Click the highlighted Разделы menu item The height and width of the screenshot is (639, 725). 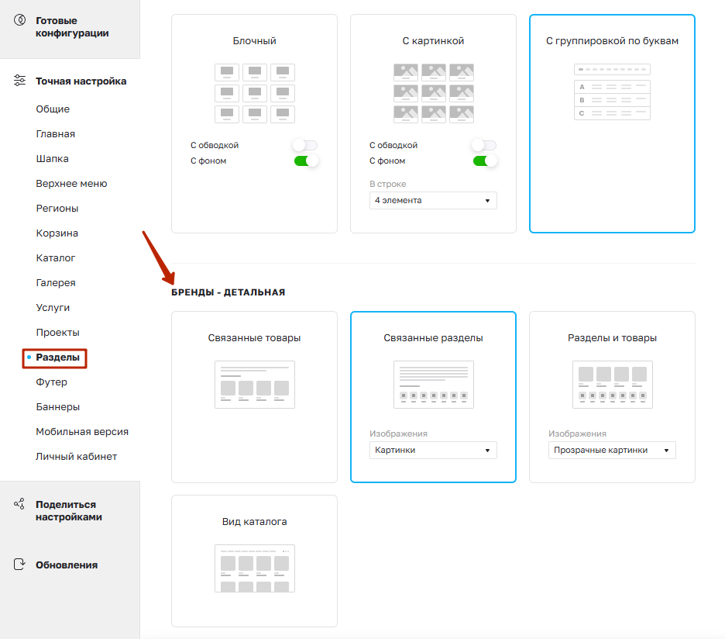coord(58,357)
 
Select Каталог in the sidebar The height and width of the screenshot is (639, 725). coord(56,258)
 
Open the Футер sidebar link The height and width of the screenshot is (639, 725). coord(51,382)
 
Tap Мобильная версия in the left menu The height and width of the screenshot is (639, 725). coord(82,431)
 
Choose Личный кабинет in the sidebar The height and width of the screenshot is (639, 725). coord(76,457)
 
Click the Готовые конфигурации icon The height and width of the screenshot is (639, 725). coord(20,20)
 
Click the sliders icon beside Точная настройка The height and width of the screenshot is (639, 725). coord(19,81)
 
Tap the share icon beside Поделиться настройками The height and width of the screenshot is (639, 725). coord(19,504)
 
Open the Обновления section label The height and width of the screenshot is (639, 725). coord(67,565)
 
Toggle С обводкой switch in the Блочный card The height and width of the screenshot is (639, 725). coord(305,145)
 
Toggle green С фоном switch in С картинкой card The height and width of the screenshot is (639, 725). coord(485,161)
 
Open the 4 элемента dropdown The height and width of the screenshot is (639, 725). coord(433,201)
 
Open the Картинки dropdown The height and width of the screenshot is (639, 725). coord(433,450)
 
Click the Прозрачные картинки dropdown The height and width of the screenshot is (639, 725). coord(612,450)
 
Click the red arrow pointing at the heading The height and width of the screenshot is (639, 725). coord(159,257)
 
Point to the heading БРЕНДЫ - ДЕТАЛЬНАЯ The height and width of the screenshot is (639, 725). coord(228,292)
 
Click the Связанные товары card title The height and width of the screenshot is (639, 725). coord(254,338)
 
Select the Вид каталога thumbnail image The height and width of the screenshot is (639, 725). coord(255,568)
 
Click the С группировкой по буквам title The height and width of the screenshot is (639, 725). coord(612,41)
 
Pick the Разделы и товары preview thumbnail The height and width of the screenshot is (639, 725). coord(613,385)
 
